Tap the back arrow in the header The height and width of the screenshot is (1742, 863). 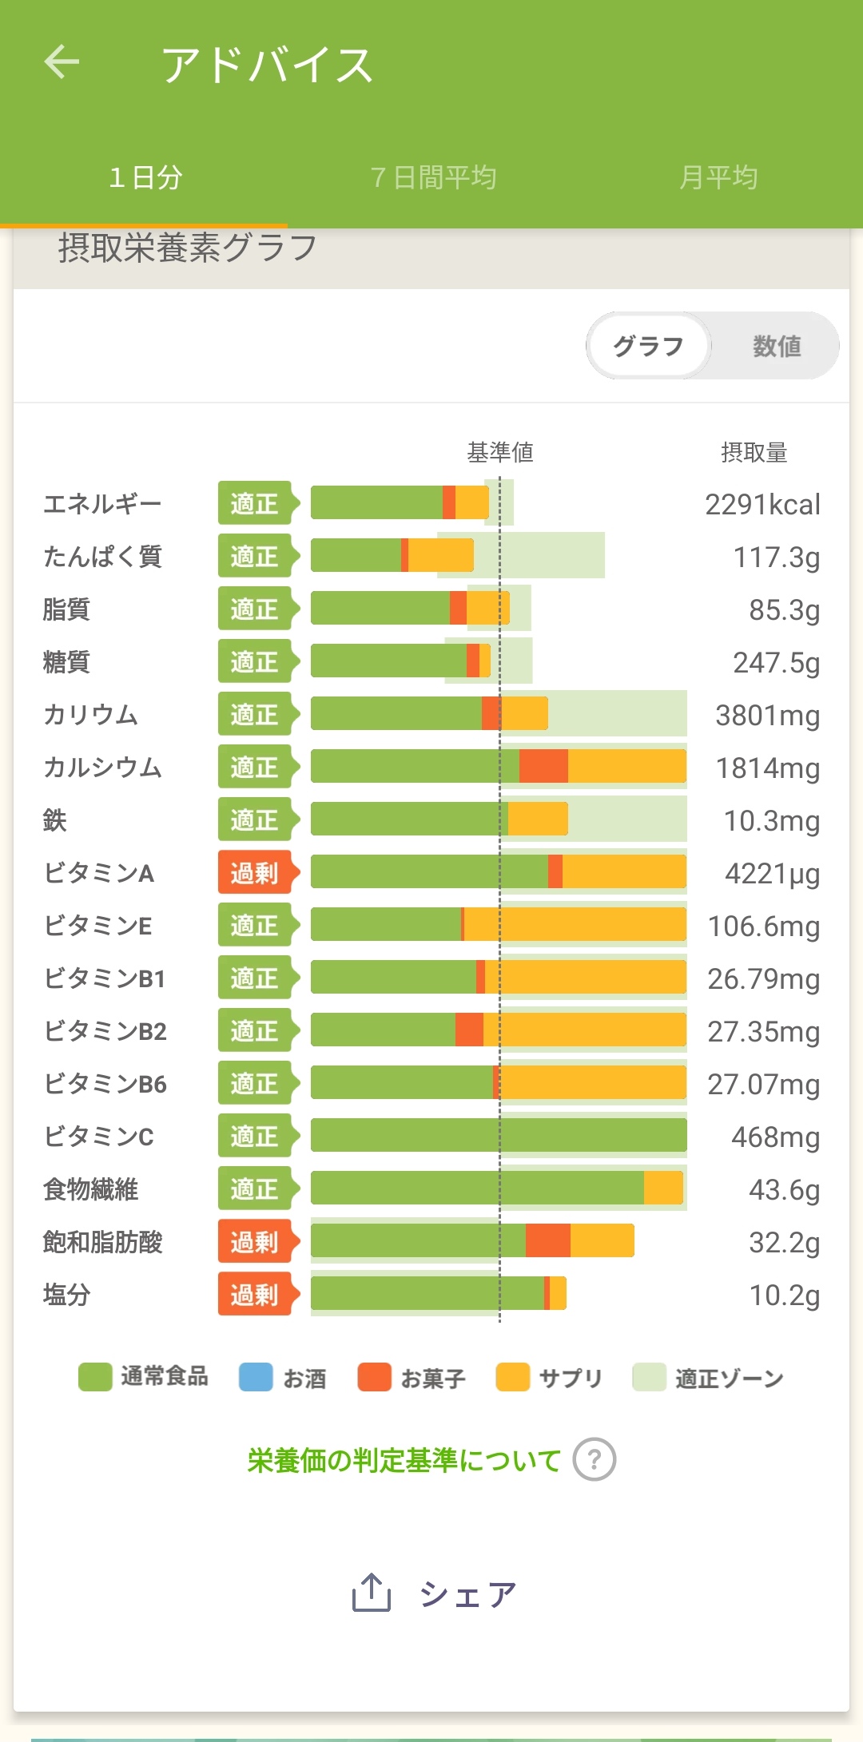62,62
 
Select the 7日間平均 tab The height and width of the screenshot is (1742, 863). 433,177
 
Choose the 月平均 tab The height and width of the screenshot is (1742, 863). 718,177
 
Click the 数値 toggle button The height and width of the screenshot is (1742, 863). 776,346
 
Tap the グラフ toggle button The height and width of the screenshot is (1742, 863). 648,346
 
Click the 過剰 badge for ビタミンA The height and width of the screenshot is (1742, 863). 255,873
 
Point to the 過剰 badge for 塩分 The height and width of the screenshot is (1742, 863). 255,1295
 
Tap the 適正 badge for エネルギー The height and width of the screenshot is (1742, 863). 255,504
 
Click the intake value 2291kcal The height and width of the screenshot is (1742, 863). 762,505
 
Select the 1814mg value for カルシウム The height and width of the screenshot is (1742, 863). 767,768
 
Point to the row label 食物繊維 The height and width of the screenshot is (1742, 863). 90,1189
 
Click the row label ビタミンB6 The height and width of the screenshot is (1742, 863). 105,1084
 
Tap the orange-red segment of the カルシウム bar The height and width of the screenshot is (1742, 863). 543,767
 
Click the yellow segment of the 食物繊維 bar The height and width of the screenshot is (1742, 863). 663,1188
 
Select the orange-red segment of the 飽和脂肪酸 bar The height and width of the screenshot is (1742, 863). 548,1241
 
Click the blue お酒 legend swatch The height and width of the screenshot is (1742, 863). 256,1377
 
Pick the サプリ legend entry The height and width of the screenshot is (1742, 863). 549,1377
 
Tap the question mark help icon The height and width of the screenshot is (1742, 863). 594,1460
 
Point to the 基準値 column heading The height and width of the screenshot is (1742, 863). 500,453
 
